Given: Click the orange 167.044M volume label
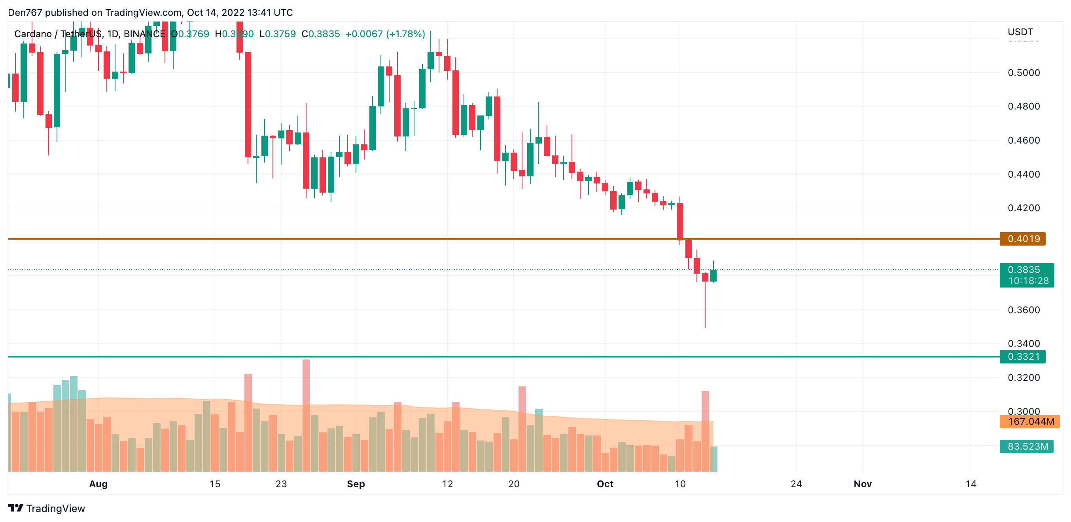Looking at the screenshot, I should [x=1031, y=422].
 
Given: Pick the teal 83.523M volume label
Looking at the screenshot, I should [x=1027, y=446].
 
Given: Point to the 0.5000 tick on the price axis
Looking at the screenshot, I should [x=1024, y=73].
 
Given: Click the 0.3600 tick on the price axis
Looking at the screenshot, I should [x=1024, y=310].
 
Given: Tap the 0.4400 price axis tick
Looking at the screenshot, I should [x=1024, y=174].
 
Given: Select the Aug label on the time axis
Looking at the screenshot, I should [x=98, y=484].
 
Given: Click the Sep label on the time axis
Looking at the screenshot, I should [x=356, y=484].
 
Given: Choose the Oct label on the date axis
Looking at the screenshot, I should [x=605, y=484].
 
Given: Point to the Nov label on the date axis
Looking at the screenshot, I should [x=863, y=484].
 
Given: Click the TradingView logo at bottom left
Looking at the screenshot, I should [x=47, y=508].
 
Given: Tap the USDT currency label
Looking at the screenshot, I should [x=1020, y=32].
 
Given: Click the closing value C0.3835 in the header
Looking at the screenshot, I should [x=321, y=34].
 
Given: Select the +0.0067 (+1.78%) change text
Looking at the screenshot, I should [x=385, y=34].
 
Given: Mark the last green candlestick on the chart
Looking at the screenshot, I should [x=713, y=276].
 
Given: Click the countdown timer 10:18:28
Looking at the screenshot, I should [x=1028, y=281].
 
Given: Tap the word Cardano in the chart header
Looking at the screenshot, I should [x=33, y=34].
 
